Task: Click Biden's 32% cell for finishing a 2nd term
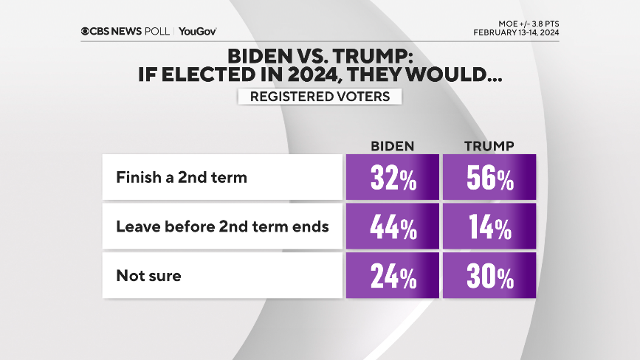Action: click(392, 178)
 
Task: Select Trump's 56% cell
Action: click(489, 178)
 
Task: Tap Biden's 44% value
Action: click(392, 227)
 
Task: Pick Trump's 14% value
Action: click(489, 227)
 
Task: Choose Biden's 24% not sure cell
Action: click(392, 277)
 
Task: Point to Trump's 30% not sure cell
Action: click(489, 277)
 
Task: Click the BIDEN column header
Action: click(392, 145)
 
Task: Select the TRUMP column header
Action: click(489, 145)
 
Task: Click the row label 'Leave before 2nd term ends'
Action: click(222, 227)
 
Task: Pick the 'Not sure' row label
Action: click(148, 277)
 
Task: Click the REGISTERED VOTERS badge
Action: click(320, 97)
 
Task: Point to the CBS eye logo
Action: click(86, 31)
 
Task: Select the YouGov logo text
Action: click(197, 31)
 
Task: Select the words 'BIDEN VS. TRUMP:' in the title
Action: click(320, 56)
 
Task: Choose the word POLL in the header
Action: click(157, 31)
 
